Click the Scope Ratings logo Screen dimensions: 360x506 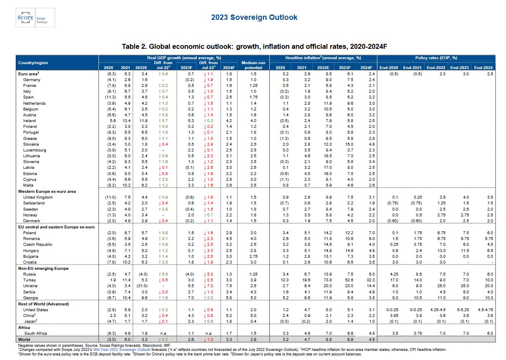35,18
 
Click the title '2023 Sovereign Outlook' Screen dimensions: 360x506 254,17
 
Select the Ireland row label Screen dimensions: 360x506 30,121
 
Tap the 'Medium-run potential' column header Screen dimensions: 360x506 253,65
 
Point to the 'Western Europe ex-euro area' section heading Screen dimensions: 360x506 46,192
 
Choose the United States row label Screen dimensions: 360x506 36,310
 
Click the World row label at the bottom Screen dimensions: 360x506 24,339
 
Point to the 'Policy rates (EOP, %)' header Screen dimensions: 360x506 436,58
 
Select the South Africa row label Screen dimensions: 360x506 36,333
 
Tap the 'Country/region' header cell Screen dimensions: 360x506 33,63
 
